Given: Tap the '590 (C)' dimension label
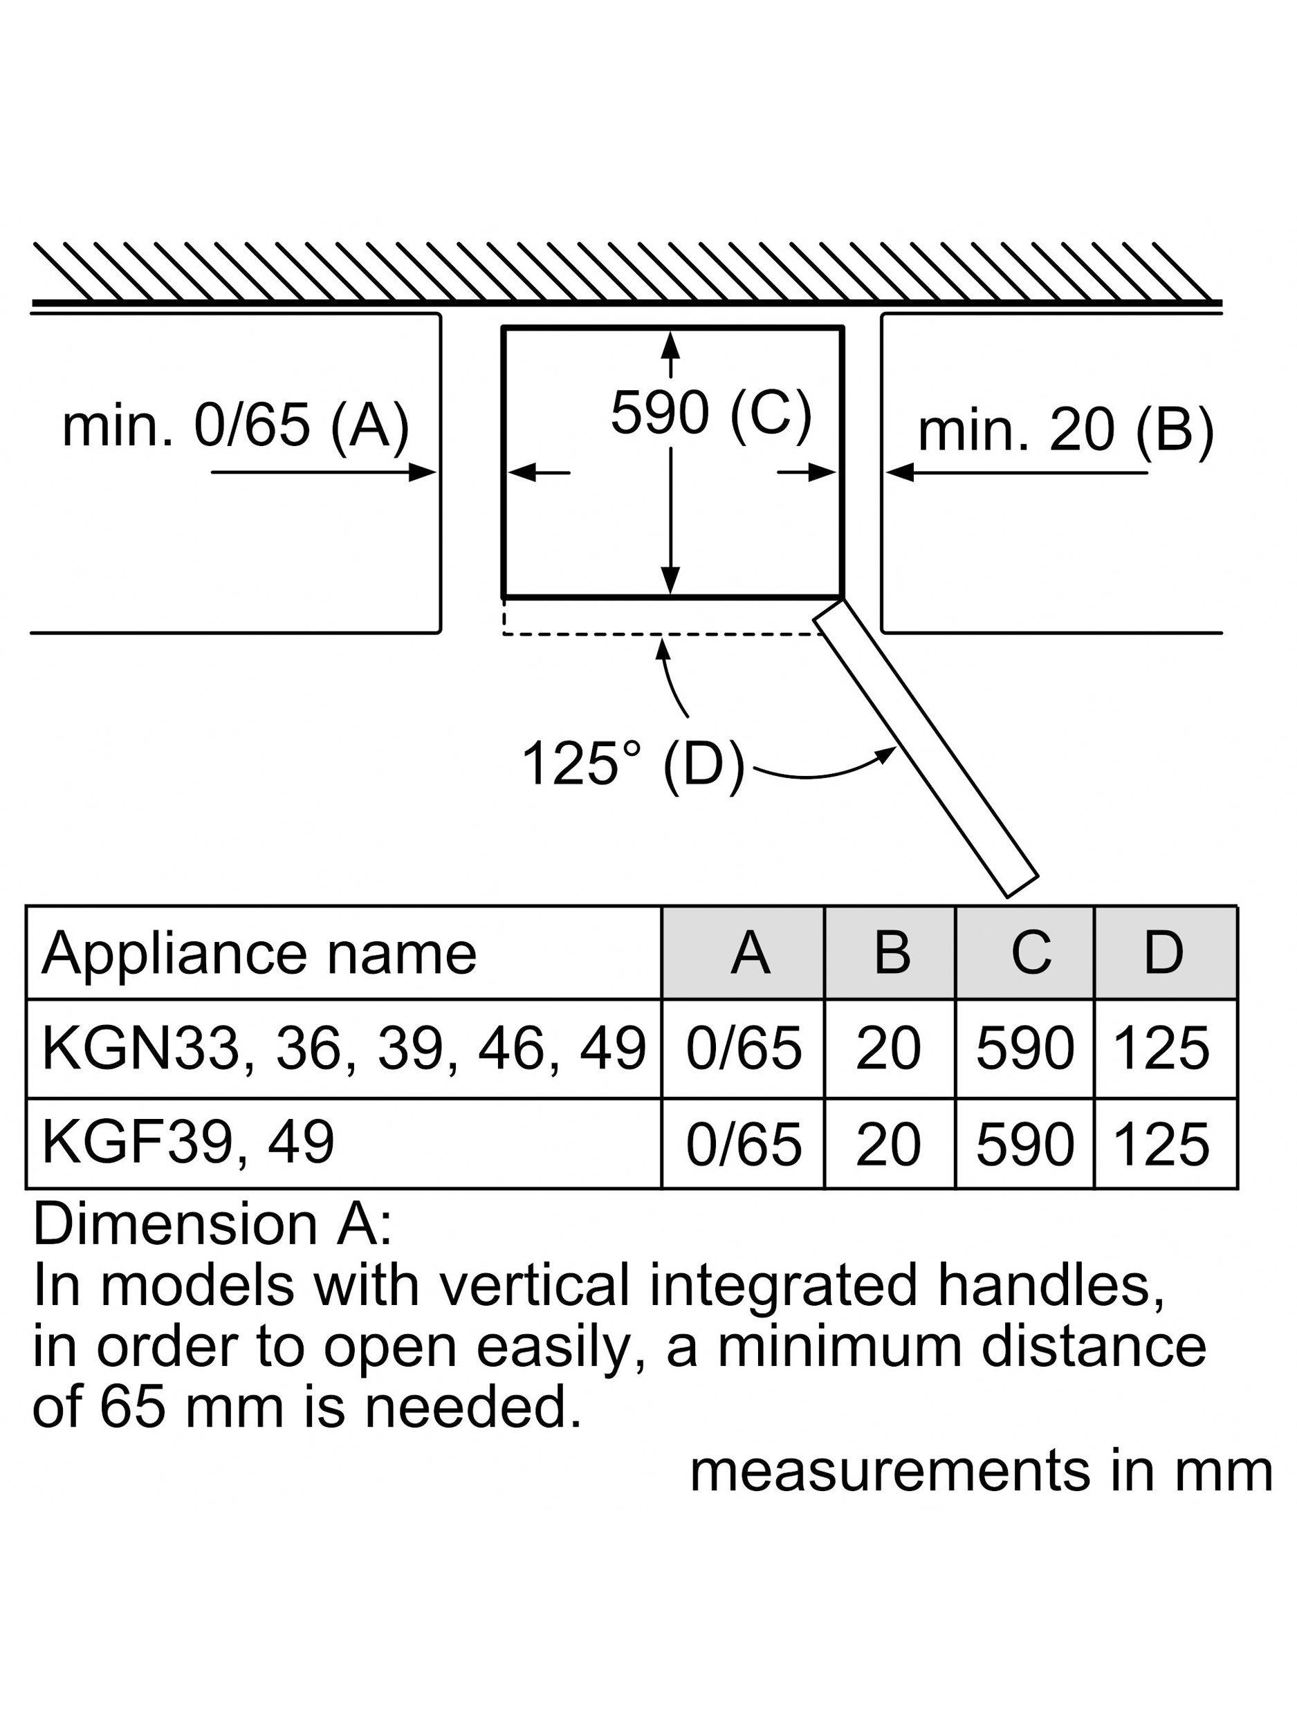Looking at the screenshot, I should coord(710,412).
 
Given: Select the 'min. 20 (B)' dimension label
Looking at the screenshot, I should coord(1065,430).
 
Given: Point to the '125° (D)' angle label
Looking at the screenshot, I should coord(632,764).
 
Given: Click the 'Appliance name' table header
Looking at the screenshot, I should coord(259,954).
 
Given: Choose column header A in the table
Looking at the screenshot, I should coord(750,953).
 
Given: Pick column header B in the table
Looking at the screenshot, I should coord(891,953).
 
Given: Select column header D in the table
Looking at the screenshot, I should coord(1163,953).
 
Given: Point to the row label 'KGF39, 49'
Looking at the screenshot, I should coord(187,1142).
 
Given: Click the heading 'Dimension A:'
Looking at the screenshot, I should coord(212,1225).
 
